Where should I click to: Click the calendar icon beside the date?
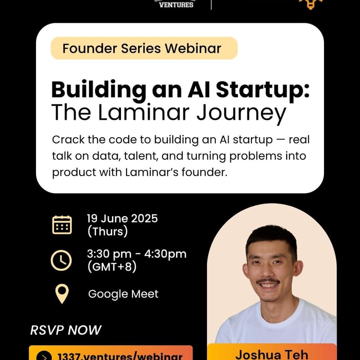[62, 225]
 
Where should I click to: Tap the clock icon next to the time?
[61, 261]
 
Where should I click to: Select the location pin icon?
[62, 294]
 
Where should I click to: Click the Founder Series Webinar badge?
[144, 48]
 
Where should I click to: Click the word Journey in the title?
[241, 113]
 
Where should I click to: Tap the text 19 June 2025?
[122, 218]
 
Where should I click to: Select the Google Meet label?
[123, 294]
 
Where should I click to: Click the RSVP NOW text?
[66, 330]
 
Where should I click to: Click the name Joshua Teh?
[272, 355]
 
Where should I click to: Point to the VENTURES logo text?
[176, 4]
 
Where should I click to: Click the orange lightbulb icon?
[310, 4]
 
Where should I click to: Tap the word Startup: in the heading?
[263, 90]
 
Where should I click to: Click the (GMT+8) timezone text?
[112, 267]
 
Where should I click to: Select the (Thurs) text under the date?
[108, 231]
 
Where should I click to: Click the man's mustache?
[268, 281]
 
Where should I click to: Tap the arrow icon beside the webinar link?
[44, 356]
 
